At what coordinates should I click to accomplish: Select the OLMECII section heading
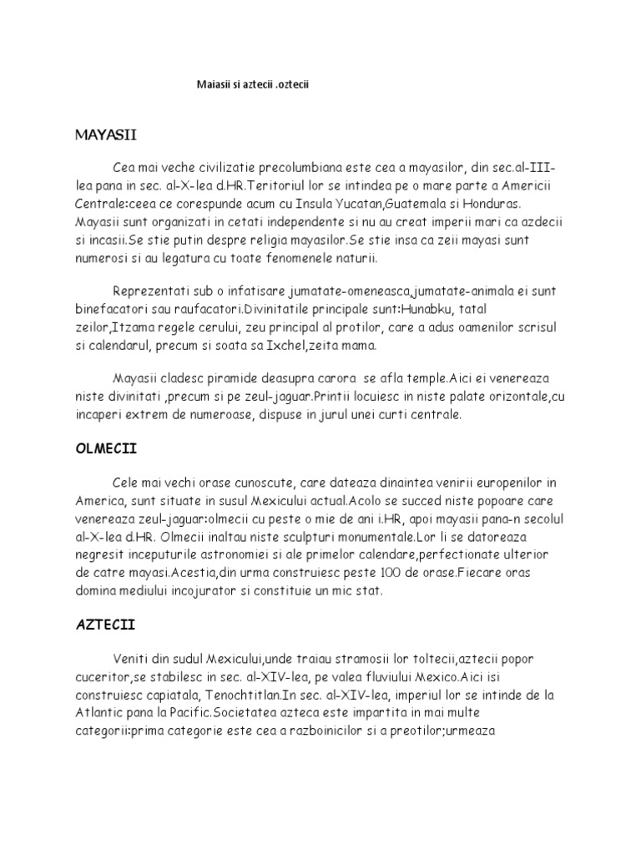pos(106,448)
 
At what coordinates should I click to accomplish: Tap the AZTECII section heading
pos(105,624)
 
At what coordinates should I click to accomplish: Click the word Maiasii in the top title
pos(215,85)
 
